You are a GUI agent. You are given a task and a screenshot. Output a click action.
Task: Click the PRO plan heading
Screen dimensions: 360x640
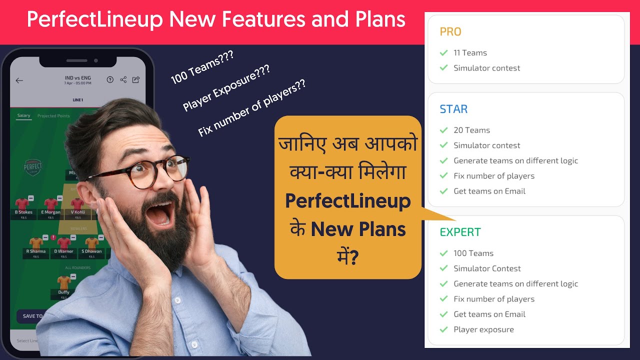click(450, 32)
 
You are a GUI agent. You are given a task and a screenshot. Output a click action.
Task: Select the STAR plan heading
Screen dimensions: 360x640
click(453, 109)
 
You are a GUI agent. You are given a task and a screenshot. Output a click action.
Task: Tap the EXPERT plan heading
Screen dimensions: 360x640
click(460, 232)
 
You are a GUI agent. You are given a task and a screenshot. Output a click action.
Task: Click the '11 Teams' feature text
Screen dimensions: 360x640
click(470, 53)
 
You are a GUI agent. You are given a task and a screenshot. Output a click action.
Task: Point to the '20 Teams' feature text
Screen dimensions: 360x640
click(471, 130)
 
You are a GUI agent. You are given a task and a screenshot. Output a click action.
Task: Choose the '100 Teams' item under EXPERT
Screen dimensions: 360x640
click(473, 253)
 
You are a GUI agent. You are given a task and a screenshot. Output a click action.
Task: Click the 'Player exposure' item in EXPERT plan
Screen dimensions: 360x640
click(483, 329)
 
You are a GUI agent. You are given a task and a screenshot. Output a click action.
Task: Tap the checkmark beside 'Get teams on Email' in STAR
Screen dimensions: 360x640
click(443, 191)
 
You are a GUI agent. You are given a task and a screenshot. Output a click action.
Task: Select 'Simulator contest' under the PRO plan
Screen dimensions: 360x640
click(486, 68)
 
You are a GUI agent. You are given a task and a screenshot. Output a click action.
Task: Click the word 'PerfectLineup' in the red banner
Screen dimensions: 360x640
click(95, 20)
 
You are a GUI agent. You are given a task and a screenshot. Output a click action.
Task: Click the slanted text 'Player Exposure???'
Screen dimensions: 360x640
click(226, 87)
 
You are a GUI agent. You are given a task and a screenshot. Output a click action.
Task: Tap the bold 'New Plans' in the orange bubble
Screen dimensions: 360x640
click(358, 230)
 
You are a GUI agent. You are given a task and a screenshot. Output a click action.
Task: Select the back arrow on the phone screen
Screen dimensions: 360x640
click(19, 80)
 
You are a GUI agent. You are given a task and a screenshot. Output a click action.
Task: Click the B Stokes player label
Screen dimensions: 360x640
click(23, 212)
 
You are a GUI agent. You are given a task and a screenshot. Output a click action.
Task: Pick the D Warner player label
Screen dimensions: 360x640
click(63, 251)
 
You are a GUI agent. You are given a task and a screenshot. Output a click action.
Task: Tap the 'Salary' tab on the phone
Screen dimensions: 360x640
click(23, 115)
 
